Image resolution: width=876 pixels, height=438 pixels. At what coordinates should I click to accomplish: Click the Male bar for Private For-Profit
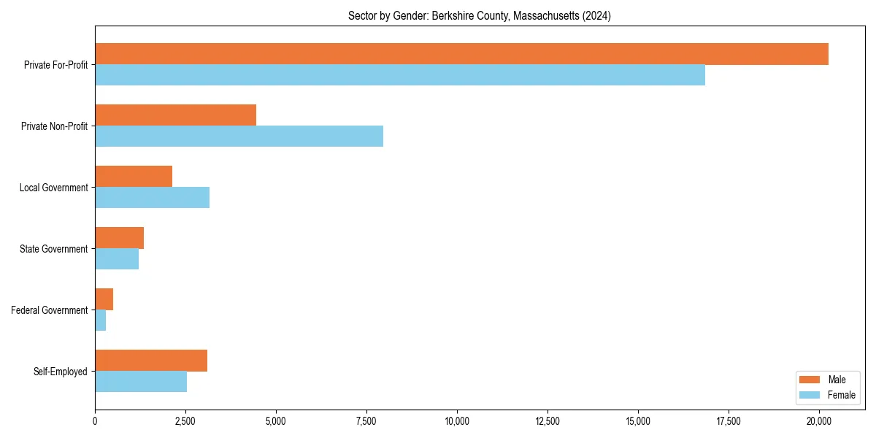461,54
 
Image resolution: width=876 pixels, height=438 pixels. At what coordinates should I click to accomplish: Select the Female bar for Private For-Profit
400,75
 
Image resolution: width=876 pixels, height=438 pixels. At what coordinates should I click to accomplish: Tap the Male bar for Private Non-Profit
175,115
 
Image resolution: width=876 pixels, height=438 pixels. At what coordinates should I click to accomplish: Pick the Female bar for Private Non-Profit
239,137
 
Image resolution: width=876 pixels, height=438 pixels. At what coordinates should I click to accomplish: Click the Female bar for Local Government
152,198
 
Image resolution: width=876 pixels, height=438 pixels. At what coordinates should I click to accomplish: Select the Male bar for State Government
119,238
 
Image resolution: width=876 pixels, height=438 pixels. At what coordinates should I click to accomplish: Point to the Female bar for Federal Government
101,320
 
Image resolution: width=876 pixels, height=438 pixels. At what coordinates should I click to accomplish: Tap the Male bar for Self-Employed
151,361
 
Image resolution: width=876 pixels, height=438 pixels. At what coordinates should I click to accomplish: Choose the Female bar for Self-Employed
141,382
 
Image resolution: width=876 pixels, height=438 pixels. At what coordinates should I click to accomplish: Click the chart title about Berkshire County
480,15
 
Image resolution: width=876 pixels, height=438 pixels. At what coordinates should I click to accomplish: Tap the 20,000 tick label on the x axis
819,421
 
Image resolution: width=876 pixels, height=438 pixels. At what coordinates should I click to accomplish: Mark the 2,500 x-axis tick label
185,421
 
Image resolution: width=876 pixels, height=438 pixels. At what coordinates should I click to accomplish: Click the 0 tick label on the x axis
95,421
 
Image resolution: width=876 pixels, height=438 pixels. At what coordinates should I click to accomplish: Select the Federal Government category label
50,310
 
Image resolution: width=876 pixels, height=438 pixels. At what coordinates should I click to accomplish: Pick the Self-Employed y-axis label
61,372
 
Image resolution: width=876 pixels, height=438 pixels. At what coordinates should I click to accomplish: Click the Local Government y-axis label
54,188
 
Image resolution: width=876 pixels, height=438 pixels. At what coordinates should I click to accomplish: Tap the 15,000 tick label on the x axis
638,421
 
